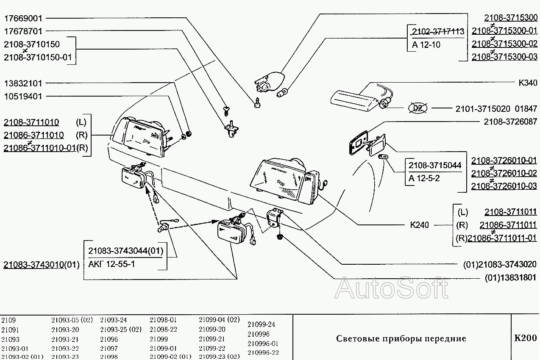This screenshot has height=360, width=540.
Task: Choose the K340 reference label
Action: [x=528, y=83]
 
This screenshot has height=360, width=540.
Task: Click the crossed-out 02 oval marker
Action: [x=418, y=108]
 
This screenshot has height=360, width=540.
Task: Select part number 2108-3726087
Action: [x=510, y=122]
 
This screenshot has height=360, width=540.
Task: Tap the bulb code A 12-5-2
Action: [x=424, y=178]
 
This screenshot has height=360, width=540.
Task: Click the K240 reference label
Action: [x=419, y=225]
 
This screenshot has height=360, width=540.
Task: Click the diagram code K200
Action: [x=525, y=338]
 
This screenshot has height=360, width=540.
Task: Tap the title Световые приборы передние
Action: [x=401, y=339]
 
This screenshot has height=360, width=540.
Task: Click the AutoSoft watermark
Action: [x=391, y=289]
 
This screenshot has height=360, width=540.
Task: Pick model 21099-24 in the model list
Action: [x=261, y=325]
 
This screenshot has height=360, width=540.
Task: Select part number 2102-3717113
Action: [x=438, y=31]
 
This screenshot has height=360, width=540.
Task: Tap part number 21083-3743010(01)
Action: [x=42, y=265]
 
